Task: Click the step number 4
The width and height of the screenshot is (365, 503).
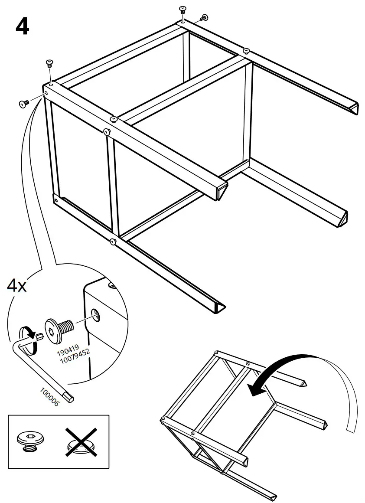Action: [x=22, y=26]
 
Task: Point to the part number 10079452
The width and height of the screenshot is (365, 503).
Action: [x=74, y=355]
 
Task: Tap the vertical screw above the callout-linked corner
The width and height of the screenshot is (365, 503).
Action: [x=49, y=65]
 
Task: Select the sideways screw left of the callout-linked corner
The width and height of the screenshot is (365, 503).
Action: [x=24, y=103]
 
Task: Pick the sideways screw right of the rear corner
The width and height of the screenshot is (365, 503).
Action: [x=204, y=17]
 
